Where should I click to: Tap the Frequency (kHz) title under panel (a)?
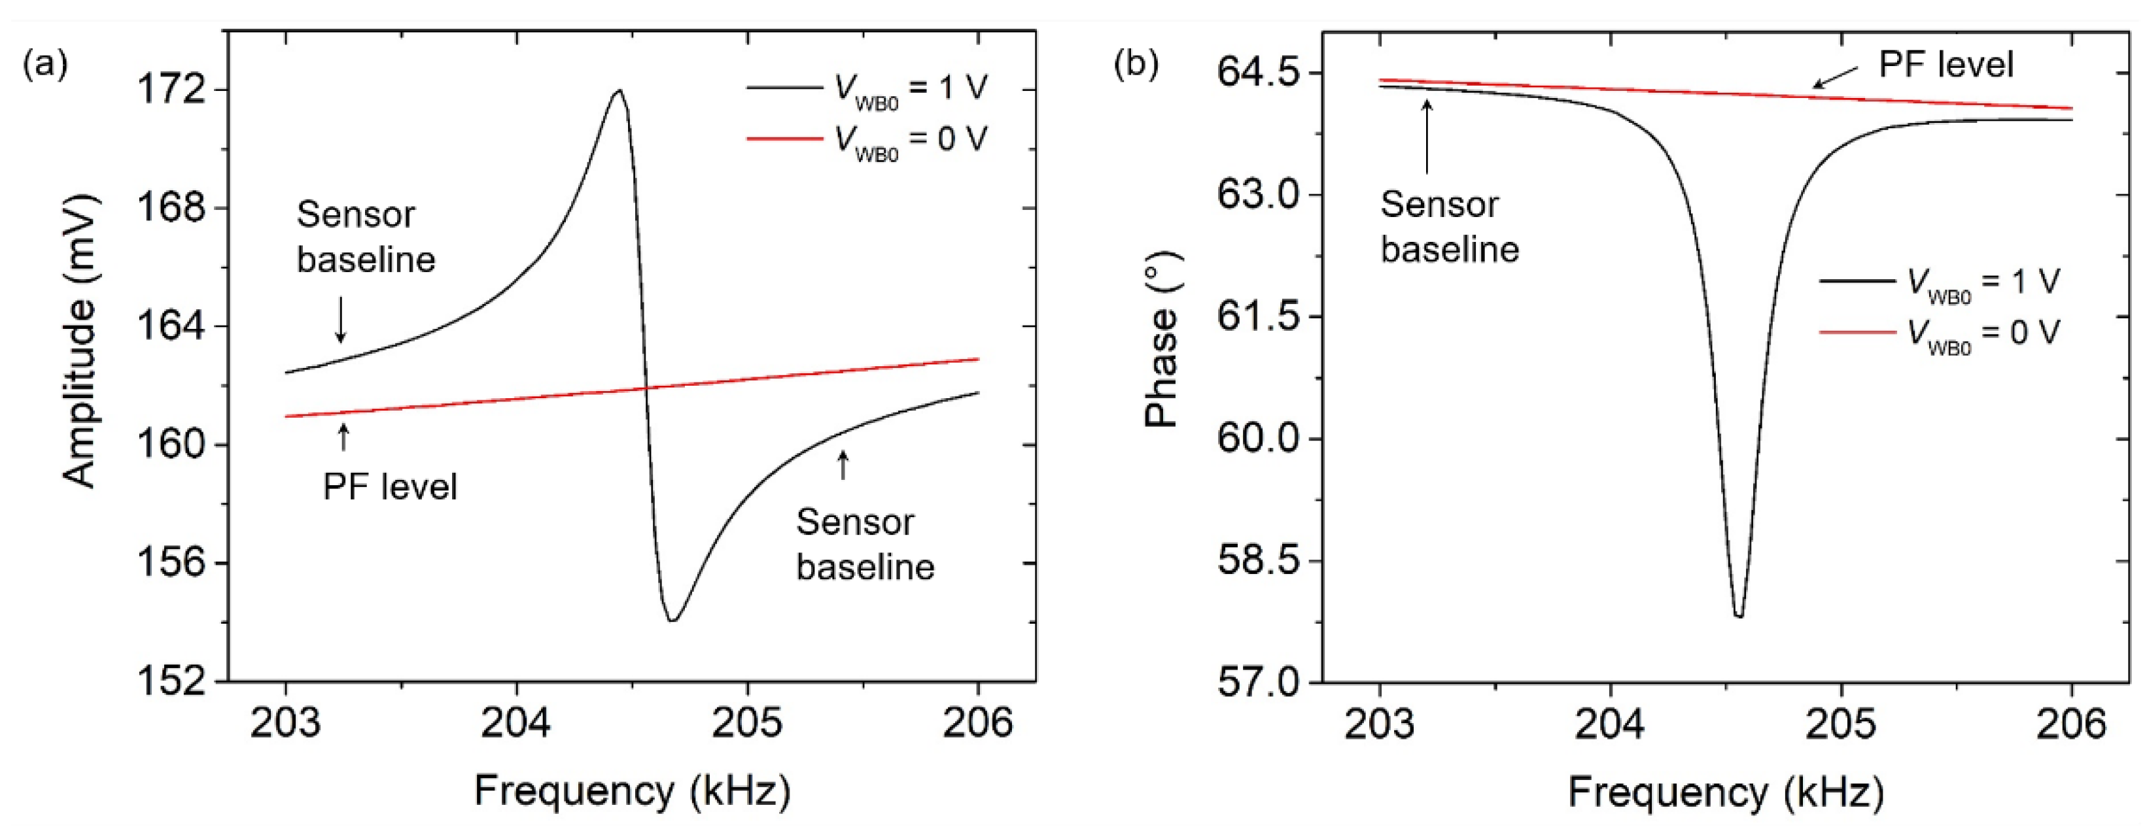pos(632,790)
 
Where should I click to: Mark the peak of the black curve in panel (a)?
pos(618,90)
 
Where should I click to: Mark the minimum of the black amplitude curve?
pos(672,620)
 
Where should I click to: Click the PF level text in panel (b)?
pos(1946,65)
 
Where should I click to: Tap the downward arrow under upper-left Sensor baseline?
pos(340,321)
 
